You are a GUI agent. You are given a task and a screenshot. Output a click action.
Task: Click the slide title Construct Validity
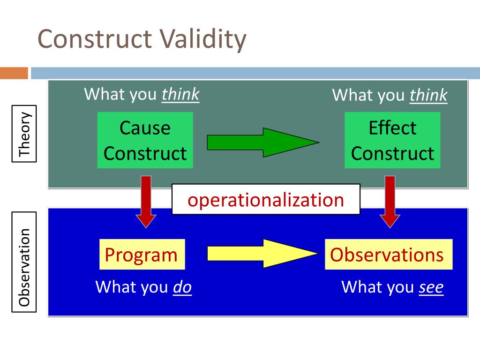[142, 39]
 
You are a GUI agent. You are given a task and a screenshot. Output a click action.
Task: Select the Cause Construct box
[145, 140]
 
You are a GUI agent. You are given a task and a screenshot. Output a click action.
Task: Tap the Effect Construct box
[392, 140]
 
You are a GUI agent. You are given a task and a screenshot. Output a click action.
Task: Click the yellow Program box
[142, 255]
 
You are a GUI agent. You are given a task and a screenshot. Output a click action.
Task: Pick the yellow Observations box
[388, 255]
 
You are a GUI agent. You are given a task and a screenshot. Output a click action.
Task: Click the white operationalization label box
[266, 199]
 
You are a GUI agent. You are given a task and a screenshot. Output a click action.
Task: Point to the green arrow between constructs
[262, 142]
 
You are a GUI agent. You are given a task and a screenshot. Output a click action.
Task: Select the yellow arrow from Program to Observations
[262, 254]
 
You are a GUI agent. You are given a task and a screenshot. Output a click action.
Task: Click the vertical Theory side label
[24, 135]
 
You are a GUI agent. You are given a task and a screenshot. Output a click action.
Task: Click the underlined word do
[182, 287]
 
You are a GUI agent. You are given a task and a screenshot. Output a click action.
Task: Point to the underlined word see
[431, 287]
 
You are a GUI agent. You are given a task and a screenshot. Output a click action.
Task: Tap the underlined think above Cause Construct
[180, 95]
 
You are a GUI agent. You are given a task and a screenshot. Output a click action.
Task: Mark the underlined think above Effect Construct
[428, 96]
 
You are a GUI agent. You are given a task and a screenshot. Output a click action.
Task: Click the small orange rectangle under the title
[14, 74]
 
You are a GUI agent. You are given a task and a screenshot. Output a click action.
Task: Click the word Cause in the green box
[145, 127]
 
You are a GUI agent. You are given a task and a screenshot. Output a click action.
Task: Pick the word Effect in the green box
[392, 127]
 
